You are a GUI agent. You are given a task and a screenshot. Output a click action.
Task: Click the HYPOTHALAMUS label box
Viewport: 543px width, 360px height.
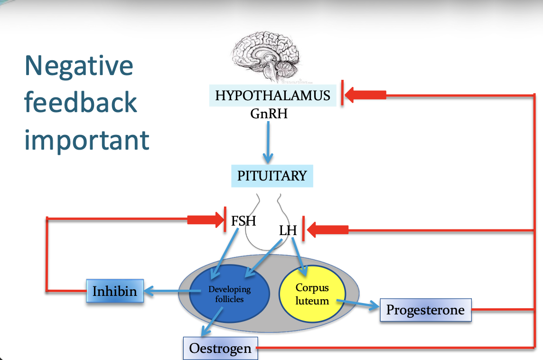coord(272,95)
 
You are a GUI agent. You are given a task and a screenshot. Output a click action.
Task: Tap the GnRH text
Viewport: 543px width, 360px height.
coord(269,114)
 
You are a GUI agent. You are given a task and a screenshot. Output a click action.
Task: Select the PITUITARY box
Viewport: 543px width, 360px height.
coord(272,176)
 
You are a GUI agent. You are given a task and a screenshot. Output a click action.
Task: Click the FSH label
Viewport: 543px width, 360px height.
coord(243,221)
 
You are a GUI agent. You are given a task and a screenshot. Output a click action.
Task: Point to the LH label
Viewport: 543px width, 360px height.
coord(288,231)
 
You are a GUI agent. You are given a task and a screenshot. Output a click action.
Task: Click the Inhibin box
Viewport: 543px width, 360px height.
coord(114,291)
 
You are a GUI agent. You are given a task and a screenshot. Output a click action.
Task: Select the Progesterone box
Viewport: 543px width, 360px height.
coord(425,310)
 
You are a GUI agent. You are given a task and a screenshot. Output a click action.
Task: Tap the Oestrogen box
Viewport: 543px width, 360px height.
coord(220,349)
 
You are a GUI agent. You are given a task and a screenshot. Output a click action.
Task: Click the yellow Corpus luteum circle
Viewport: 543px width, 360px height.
coord(312,294)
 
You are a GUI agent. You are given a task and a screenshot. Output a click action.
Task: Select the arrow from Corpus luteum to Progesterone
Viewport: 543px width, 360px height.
coord(356,303)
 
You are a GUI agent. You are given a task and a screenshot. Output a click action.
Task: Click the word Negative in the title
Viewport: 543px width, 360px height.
coord(79,66)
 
